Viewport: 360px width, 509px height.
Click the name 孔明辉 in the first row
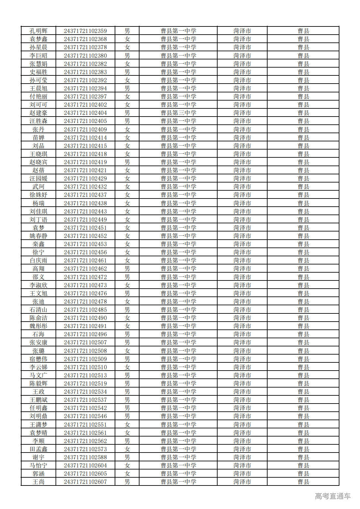coord(39,31)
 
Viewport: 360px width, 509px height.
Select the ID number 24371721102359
coord(85,31)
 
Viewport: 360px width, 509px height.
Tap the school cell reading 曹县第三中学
coord(178,113)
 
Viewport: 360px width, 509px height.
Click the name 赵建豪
coord(39,113)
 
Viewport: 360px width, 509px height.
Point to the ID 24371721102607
coord(85,482)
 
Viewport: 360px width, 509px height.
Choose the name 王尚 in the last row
coord(39,482)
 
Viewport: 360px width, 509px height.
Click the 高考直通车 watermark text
coord(333,496)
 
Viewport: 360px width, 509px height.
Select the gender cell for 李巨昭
coord(127,56)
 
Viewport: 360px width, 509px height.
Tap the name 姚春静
coord(39,236)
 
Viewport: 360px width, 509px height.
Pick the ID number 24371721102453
coord(85,244)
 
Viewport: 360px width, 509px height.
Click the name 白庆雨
coord(39,261)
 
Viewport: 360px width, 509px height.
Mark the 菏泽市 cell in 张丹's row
coord(242,130)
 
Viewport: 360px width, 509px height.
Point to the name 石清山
coord(39,310)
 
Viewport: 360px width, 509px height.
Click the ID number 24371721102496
coord(85,334)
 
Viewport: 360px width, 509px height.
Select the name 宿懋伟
coord(39,359)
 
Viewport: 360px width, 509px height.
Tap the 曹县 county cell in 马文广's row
coord(303,375)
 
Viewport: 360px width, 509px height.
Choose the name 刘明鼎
coord(39,416)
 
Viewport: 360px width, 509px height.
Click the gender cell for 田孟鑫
coord(127,449)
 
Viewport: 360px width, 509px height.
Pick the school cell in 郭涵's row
coord(178,474)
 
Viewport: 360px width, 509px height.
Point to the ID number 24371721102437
coord(85,195)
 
